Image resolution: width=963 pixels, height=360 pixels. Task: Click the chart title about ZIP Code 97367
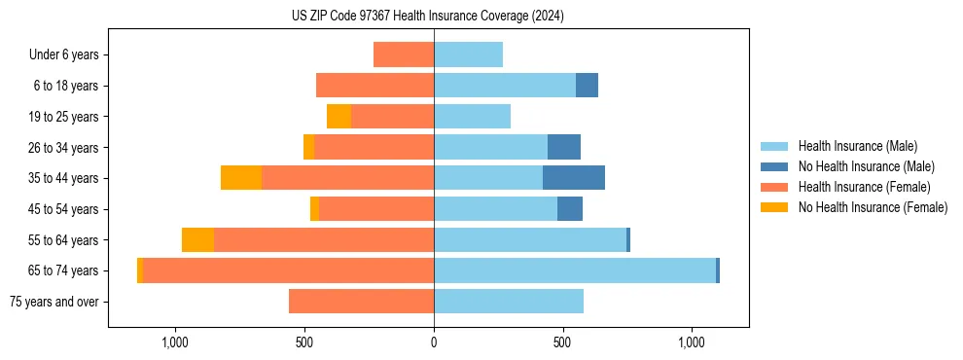point(428,16)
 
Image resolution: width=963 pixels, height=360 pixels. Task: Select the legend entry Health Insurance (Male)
point(856,146)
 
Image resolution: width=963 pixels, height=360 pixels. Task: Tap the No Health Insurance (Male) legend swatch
point(774,166)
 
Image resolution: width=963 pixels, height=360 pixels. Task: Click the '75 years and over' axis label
point(53,302)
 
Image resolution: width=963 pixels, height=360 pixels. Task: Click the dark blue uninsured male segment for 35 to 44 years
point(574,178)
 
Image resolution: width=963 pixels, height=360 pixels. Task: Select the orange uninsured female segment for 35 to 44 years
point(241,178)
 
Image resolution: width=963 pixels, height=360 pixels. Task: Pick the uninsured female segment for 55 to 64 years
point(197,240)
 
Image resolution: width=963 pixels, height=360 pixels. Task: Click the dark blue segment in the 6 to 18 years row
point(587,86)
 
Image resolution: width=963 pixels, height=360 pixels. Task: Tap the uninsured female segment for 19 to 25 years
point(339,117)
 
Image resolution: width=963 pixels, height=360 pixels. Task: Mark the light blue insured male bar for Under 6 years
point(468,55)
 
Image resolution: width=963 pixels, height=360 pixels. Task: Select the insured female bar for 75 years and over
point(361,302)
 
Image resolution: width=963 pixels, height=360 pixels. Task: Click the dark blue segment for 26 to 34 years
point(564,147)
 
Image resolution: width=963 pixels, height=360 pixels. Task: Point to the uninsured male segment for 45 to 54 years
point(570,209)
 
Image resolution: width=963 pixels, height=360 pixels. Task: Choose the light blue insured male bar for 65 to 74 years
point(574,270)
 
